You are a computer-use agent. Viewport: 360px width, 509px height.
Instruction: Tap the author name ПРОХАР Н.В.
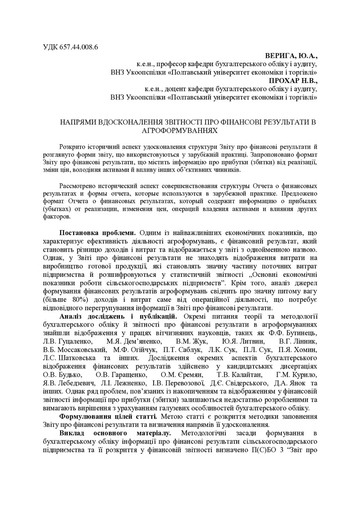(x=292, y=80)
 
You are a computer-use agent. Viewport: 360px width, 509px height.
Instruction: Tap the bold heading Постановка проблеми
(x=97, y=233)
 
